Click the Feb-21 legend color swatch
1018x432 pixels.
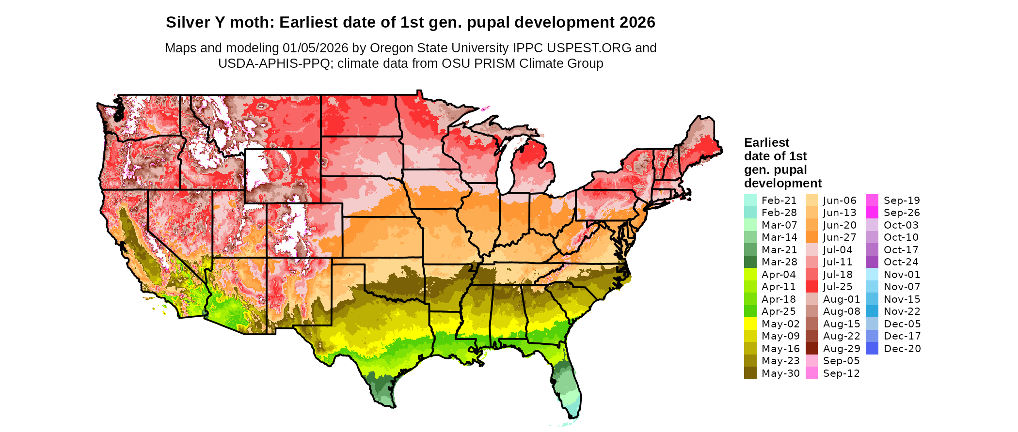[x=750, y=201]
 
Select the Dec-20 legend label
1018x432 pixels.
[x=902, y=349]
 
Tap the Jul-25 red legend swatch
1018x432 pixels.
[x=811, y=287]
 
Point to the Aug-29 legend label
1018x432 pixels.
[x=842, y=349]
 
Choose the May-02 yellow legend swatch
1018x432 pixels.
[x=750, y=324]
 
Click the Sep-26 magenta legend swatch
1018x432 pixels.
[x=872, y=213]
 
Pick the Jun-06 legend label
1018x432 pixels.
[x=840, y=201]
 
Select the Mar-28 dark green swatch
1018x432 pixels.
[x=750, y=262]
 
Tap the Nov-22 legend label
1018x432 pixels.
[x=902, y=311]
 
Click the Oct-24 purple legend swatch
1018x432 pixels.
[x=872, y=262]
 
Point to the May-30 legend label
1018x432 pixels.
[x=780, y=373]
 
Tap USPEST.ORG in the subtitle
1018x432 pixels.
[x=589, y=48]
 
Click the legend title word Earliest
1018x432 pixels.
[x=766, y=142]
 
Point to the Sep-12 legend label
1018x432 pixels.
[x=841, y=373]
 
